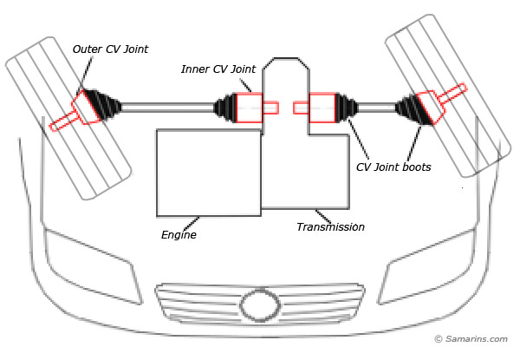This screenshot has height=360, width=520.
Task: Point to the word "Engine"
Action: [179, 234]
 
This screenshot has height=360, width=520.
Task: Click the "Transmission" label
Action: [330, 226]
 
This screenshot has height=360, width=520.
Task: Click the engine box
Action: [208, 172]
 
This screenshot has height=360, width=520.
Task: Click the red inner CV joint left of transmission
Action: [249, 108]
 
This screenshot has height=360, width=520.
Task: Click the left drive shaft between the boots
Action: [169, 108]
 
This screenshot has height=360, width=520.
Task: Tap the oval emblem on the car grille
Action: [260, 306]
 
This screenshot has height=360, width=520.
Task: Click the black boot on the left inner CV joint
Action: [224, 108]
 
